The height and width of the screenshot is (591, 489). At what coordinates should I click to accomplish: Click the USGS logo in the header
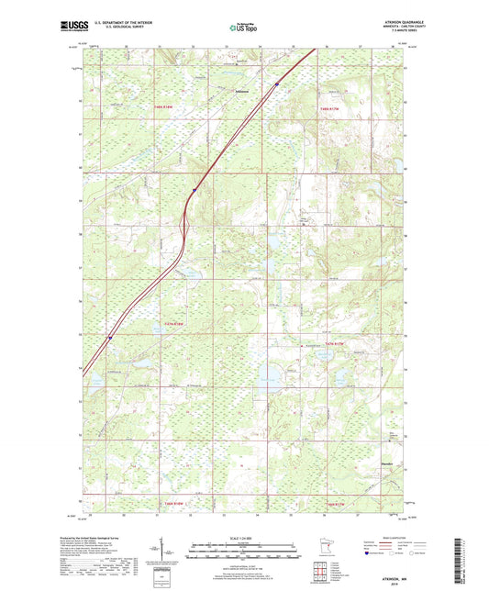click(72, 28)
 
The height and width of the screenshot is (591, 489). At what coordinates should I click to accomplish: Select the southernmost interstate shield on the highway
click(109, 337)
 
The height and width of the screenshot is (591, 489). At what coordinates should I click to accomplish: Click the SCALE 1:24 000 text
click(243, 537)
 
